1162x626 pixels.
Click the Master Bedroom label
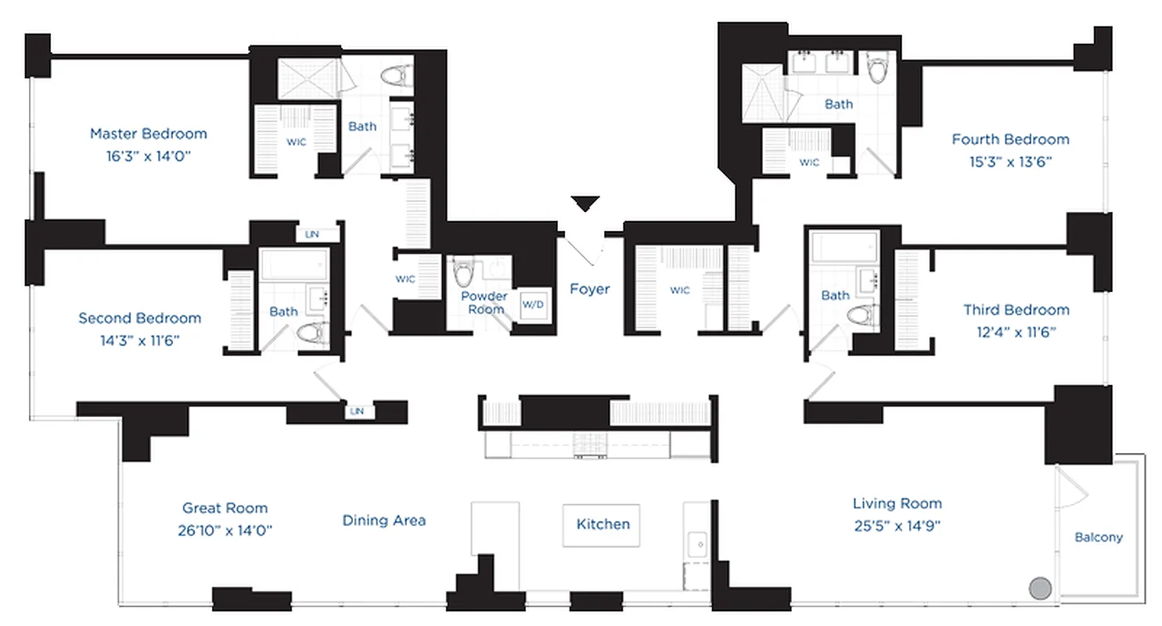(148, 133)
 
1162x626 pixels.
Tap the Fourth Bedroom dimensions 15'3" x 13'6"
(1009, 162)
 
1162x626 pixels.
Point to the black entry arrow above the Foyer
(585, 203)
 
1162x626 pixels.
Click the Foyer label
(589, 289)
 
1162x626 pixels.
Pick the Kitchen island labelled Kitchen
(602, 524)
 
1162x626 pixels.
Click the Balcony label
(1098, 537)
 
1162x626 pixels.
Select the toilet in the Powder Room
(464, 272)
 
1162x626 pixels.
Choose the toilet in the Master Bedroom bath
(397, 77)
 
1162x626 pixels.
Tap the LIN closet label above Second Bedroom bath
(311, 234)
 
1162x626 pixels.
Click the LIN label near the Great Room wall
(358, 411)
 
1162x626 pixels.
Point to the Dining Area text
(383, 520)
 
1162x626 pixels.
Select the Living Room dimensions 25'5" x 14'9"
(897, 525)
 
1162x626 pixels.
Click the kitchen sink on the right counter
(695, 541)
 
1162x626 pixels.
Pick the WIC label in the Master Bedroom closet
(297, 143)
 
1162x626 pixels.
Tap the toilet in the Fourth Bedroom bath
(877, 67)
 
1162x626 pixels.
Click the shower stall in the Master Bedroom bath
(307, 78)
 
